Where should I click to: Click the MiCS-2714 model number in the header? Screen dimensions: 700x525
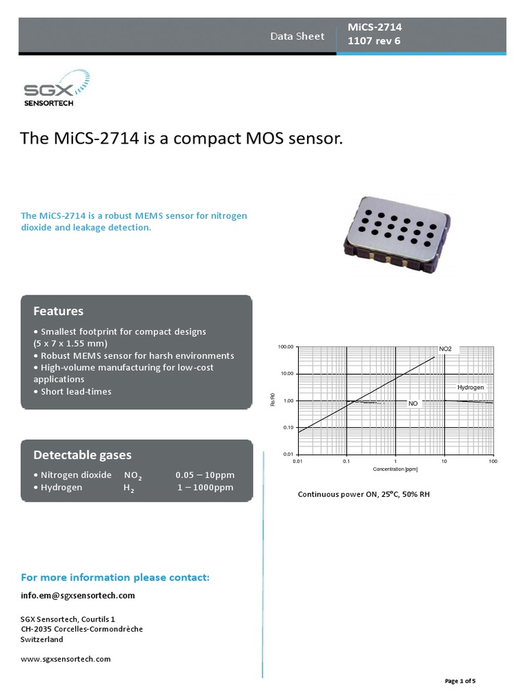coord(375,27)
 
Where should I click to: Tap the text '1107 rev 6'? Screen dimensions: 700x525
coord(374,41)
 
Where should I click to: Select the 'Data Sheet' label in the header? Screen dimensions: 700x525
coord(297,36)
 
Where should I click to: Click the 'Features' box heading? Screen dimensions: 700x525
coord(59,311)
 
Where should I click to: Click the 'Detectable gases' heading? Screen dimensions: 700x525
coord(83,455)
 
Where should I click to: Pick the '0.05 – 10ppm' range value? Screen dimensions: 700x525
coord(204,474)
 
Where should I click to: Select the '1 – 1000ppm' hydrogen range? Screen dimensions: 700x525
coord(206,487)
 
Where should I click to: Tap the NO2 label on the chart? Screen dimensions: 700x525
coord(445,349)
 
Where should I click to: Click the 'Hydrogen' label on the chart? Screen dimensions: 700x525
coord(470,388)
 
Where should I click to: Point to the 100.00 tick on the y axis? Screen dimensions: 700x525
coord(285,347)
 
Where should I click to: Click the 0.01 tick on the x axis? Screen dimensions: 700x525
coord(297,462)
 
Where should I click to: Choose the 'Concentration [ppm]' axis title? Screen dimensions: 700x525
coord(395,470)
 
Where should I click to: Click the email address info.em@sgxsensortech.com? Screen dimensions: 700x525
coord(78,595)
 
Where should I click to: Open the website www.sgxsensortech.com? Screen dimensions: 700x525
coord(66,659)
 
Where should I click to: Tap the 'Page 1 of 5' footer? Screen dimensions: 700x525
coord(460,681)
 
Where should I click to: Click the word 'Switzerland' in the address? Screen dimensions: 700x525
coord(42,640)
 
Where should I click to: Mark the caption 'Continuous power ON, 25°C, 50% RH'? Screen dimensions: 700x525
coord(364,494)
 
